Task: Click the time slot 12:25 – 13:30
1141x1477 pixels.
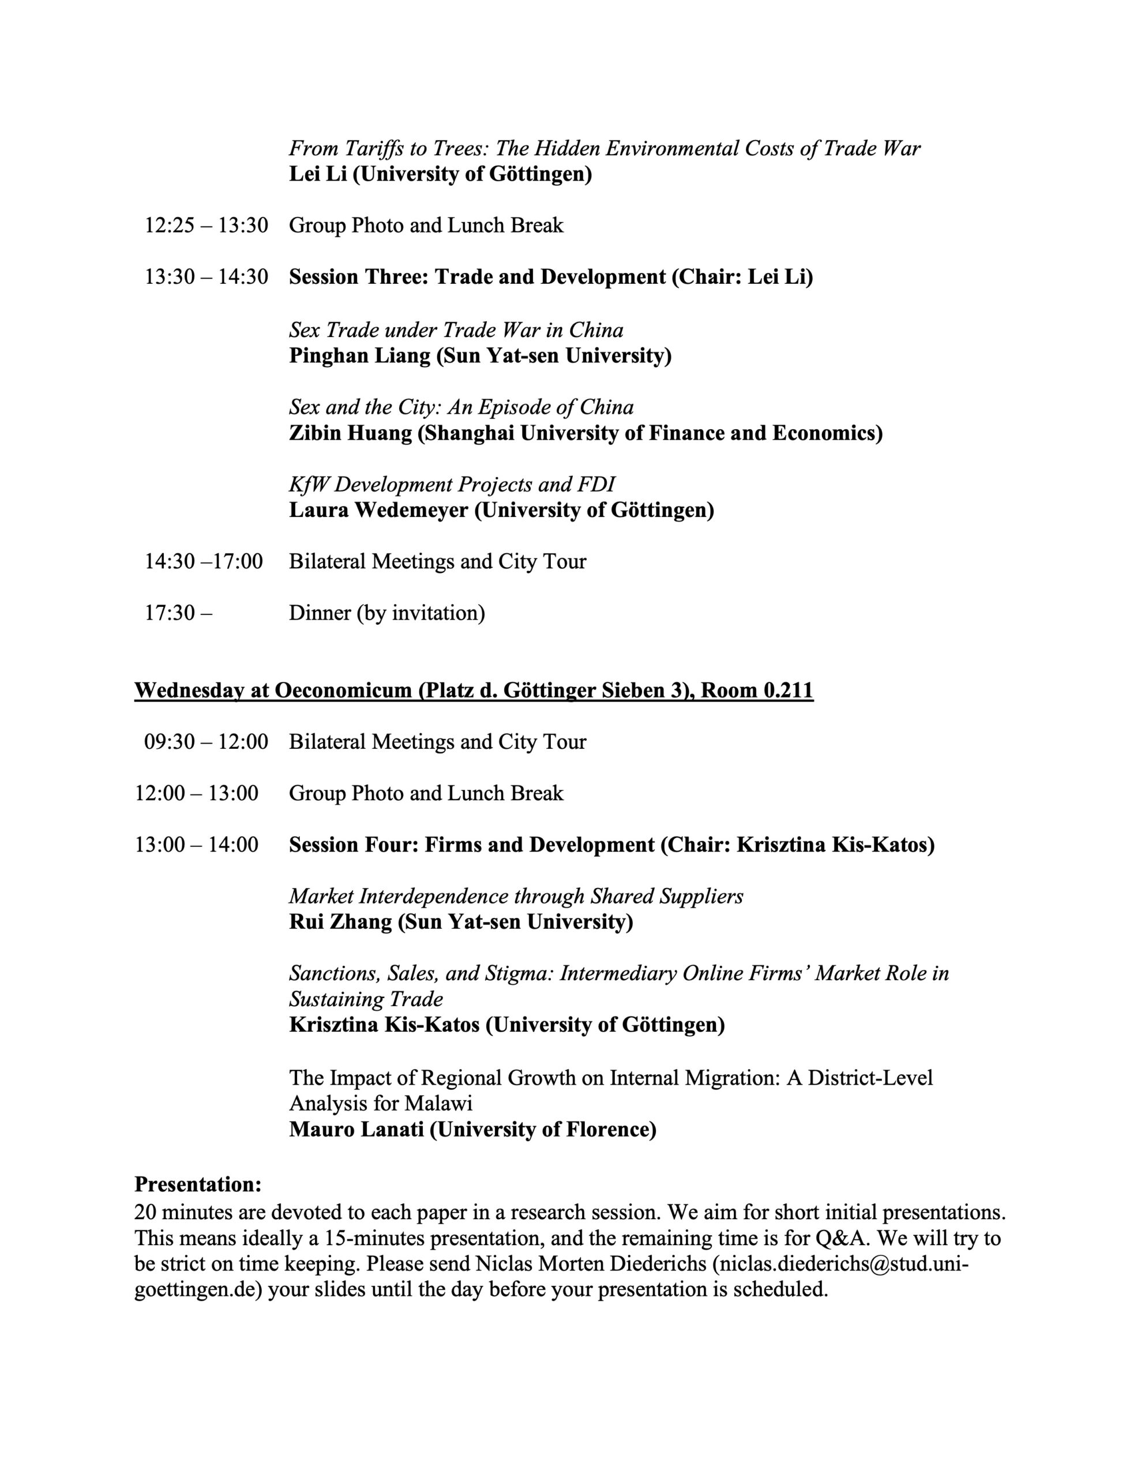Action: pos(207,225)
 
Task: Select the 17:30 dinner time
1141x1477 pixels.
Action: pos(178,613)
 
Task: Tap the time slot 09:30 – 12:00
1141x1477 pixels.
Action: pos(207,742)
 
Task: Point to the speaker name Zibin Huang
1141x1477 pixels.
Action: pos(350,433)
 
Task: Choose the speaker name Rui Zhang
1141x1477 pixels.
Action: pos(340,922)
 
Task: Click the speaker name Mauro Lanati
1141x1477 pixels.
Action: pos(356,1130)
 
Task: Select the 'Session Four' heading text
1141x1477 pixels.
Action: pos(352,845)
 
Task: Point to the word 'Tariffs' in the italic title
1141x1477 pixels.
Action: pos(373,149)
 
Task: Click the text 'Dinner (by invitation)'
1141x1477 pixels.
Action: pos(387,613)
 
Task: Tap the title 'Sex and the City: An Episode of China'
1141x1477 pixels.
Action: pos(461,407)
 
